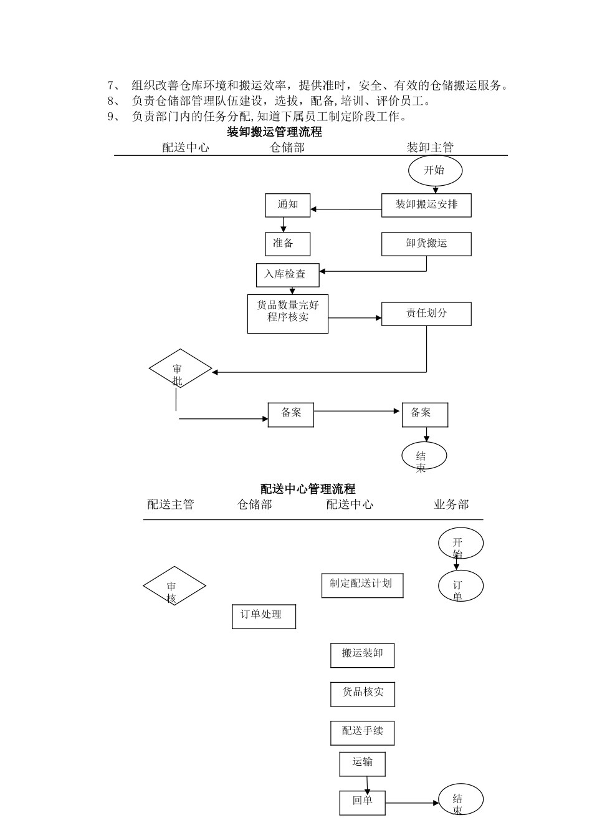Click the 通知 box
pyautogui.click(x=287, y=205)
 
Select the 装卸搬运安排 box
pyautogui.click(x=426, y=205)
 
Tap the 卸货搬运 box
pyautogui.click(x=426, y=244)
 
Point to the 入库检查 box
pyautogui.click(x=287, y=274)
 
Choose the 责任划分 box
pyautogui.click(x=426, y=314)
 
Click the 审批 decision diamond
pyautogui.click(x=180, y=369)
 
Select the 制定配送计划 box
pyautogui.click(x=362, y=585)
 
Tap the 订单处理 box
pyautogui.click(x=264, y=616)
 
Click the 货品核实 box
pyautogui.click(x=362, y=693)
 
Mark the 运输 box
pyautogui.click(x=362, y=763)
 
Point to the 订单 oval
pyautogui.click(x=460, y=587)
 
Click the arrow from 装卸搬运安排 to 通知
pyautogui.click(x=346, y=209)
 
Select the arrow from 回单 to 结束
pyautogui.click(x=412, y=803)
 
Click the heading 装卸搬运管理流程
pyautogui.click(x=274, y=132)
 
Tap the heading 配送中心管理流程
pyautogui.click(x=308, y=489)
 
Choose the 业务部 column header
pyautogui.click(x=451, y=504)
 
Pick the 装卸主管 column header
pyautogui.click(x=430, y=147)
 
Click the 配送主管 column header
pyautogui.click(x=171, y=504)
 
